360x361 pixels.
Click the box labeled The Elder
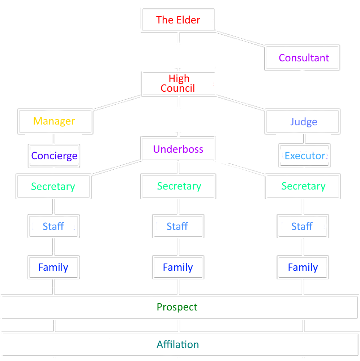(178, 20)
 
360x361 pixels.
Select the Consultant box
(302, 58)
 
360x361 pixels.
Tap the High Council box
(179, 83)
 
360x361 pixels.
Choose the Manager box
(55, 121)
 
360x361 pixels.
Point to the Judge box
(303, 122)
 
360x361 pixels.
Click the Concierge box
(54, 156)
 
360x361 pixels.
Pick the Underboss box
(178, 149)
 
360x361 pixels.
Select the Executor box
(304, 156)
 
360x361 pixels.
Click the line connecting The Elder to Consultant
(240, 38)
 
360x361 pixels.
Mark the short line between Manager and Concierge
(54, 139)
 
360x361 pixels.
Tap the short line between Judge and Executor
(304, 139)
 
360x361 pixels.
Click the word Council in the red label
(178, 88)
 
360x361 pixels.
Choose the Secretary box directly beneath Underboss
(179, 186)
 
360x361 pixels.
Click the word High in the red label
(179, 78)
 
